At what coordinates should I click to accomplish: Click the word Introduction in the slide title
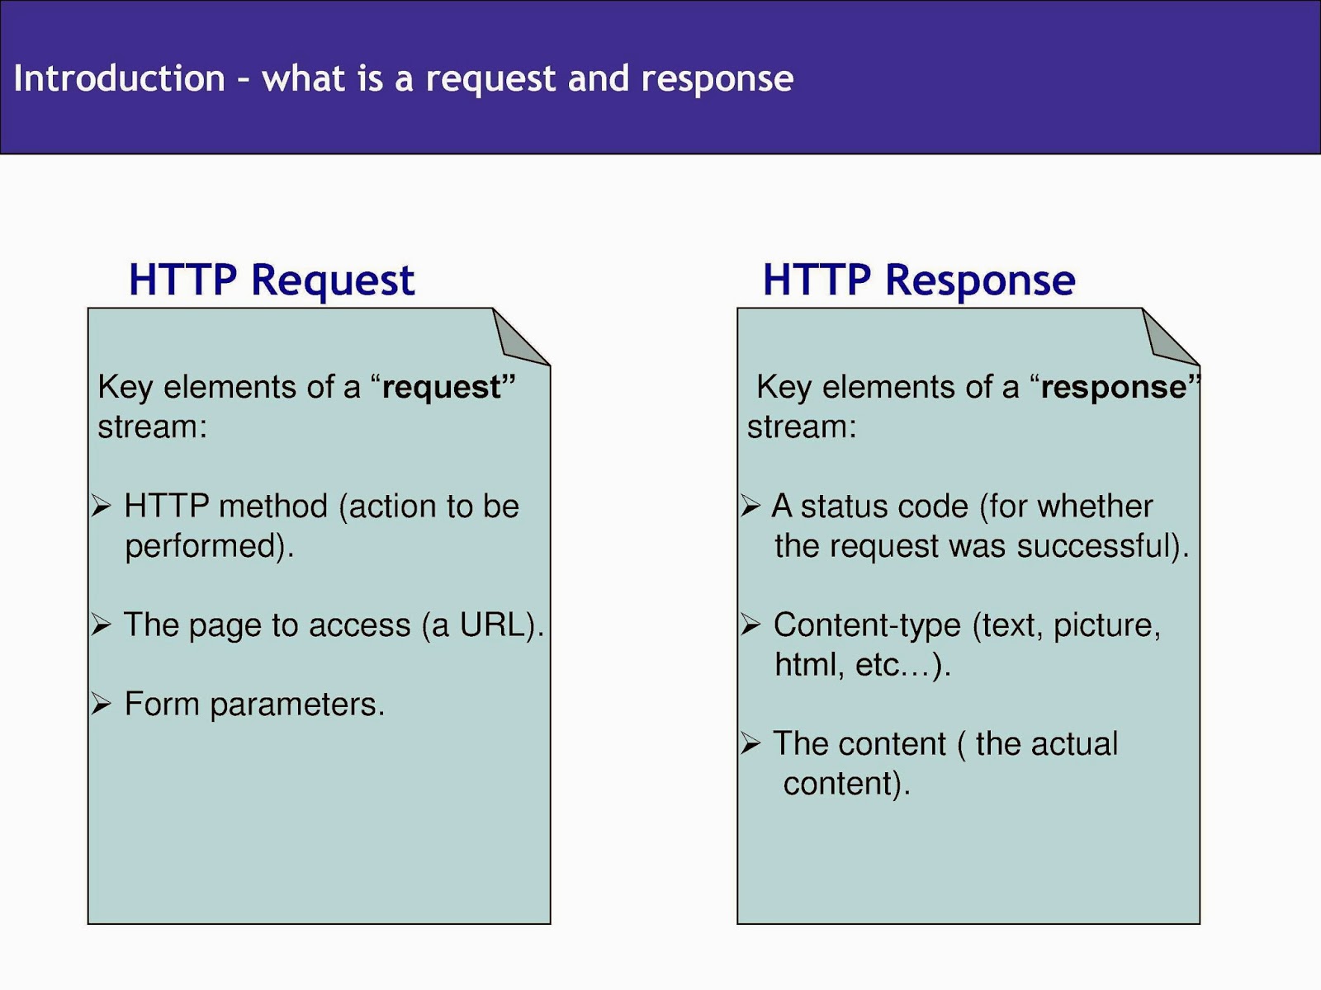pos(119,78)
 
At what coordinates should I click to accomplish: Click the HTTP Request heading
pos(272,280)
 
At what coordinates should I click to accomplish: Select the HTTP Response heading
pos(919,280)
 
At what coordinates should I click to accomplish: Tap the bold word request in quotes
pos(442,388)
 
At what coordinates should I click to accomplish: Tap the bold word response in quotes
pos(1114,387)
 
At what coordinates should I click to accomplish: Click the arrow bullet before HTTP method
pos(101,506)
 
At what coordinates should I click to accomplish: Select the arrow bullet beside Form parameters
pos(101,703)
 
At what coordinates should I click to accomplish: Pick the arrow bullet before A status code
pos(750,506)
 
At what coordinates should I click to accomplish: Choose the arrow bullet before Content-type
pos(750,625)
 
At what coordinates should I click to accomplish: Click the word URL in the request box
pos(492,625)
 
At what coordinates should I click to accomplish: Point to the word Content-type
pos(867,625)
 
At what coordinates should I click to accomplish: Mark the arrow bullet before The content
pos(750,743)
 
